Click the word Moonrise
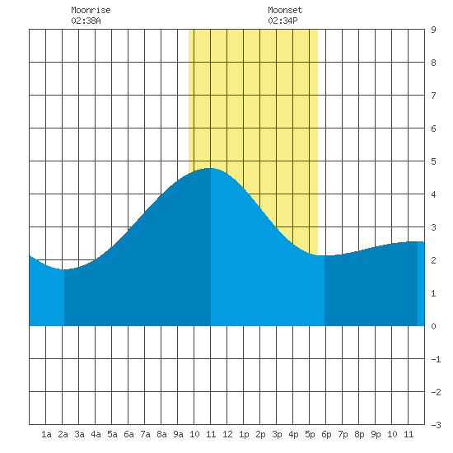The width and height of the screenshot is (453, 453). [91, 10]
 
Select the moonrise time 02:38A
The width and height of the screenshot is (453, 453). [86, 21]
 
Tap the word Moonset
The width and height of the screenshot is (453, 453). [285, 10]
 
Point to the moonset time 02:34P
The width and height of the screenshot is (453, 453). [283, 21]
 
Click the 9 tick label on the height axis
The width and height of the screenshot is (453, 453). [433, 30]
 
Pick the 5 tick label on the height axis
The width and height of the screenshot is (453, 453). [433, 161]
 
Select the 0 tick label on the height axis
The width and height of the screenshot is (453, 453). [433, 326]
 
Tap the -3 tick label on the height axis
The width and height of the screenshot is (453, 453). [436, 425]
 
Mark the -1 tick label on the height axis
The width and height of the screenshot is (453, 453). [436, 359]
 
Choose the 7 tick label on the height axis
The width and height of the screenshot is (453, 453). [433, 96]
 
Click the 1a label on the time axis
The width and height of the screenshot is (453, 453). [46, 434]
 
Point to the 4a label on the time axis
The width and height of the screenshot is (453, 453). [96, 434]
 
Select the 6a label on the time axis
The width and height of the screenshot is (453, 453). [128, 434]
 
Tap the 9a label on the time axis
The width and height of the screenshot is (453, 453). [178, 434]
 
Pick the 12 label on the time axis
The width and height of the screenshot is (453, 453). [227, 434]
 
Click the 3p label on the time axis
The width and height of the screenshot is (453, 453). [277, 434]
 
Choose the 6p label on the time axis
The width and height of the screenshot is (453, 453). [326, 434]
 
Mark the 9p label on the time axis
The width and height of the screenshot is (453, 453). [376, 434]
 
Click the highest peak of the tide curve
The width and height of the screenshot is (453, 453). [211, 168]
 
